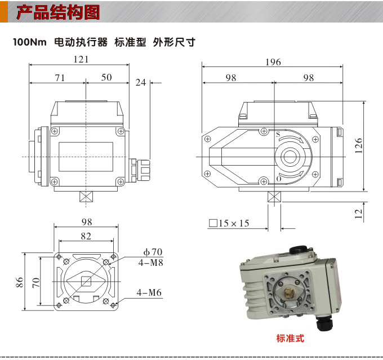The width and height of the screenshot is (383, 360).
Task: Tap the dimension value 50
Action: click(x=106, y=78)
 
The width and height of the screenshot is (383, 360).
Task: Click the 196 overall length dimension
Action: click(x=273, y=62)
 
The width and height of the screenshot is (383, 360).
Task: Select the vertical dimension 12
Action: click(x=358, y=212)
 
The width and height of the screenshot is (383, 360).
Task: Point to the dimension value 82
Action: click(x=86, y=235)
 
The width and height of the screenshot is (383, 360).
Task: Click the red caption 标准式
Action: click(x=290, y=339)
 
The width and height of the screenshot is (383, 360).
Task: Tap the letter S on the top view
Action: click(x=278, y=134)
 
